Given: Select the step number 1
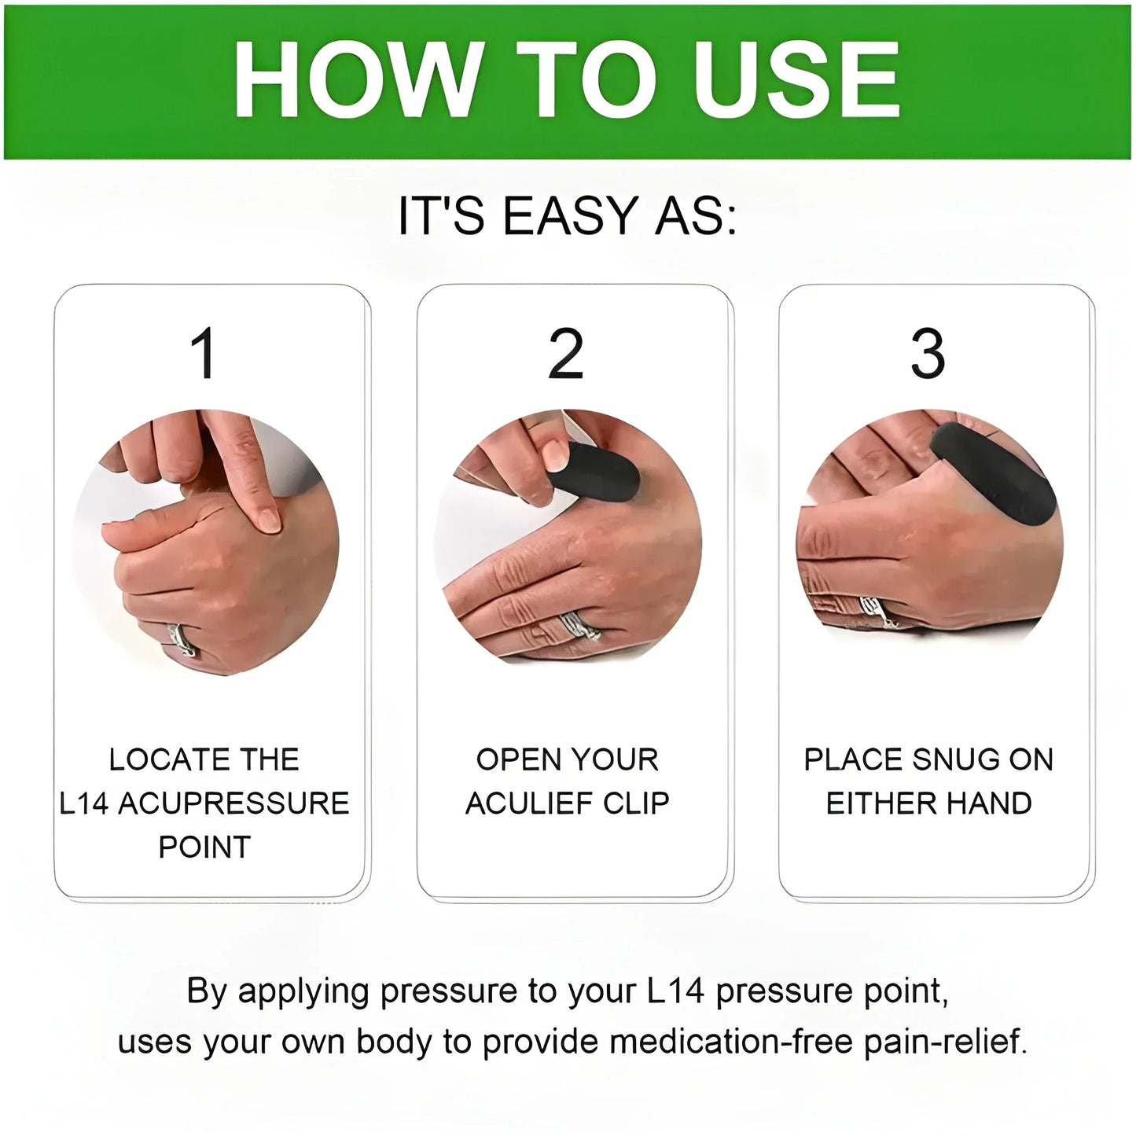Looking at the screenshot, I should pyautogui.click(x=204, y=355).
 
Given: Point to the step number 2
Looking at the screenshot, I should pyautogui.click(x=566, y=355).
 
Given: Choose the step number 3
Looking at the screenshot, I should pyautogui.click(x=928, y=355).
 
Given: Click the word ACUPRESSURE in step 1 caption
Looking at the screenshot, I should pyautogui.click(x=233, y=803).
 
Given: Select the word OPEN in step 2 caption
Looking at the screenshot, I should pyautogui.click(x=509, y=759).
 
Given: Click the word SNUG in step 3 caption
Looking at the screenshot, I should pyautogui.click(x=954, y=759).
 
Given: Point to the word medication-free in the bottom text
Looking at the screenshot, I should pyautogui.click(x=731, y=1042).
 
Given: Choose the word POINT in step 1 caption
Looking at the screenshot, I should pyautogui.click(x=204, y=847).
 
